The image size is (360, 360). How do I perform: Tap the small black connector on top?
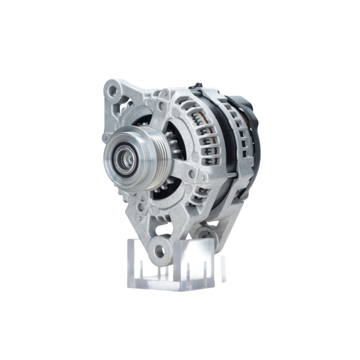[197, 86]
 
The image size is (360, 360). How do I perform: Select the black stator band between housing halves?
[223, 151]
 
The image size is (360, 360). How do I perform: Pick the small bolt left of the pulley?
[104, 138]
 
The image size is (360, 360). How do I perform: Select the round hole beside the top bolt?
[161, 106]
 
